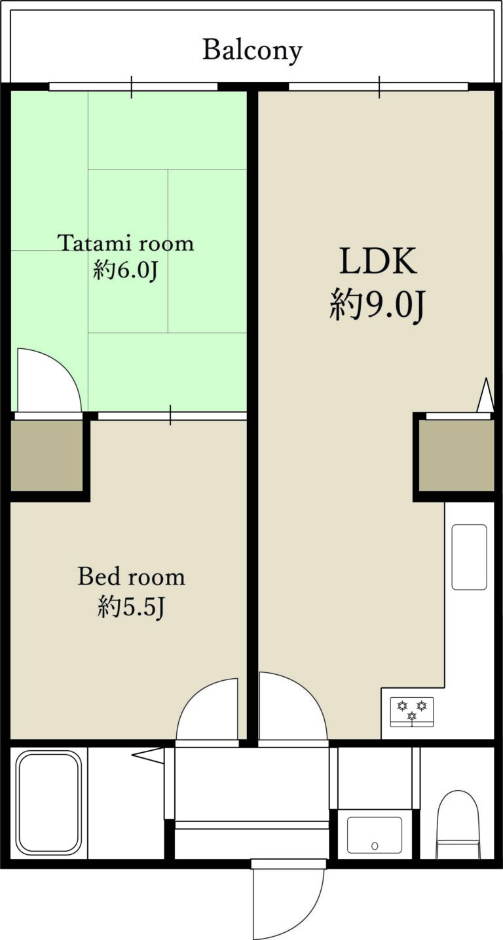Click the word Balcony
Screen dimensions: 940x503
coord(252,50)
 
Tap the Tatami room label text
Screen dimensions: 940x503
coord(126,244)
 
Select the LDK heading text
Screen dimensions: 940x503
coord(378,261)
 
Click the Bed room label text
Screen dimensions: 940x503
coord(131,577)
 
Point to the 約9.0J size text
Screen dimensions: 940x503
coord(378,305)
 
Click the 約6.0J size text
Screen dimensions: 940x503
coord(126,270)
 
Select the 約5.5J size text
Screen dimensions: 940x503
coord(130,607)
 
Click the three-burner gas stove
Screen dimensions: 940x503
coord(412,712)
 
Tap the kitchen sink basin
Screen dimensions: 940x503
coord(469,556)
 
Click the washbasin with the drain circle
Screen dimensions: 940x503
coord(374,835)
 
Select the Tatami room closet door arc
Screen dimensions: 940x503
coord(48,380)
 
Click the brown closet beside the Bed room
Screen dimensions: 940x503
coord(47,456)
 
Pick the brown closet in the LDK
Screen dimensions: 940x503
coord(456,456)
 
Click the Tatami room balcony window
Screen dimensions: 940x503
coord(133,86)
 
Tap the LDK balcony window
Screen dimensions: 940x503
coord(379,86)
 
